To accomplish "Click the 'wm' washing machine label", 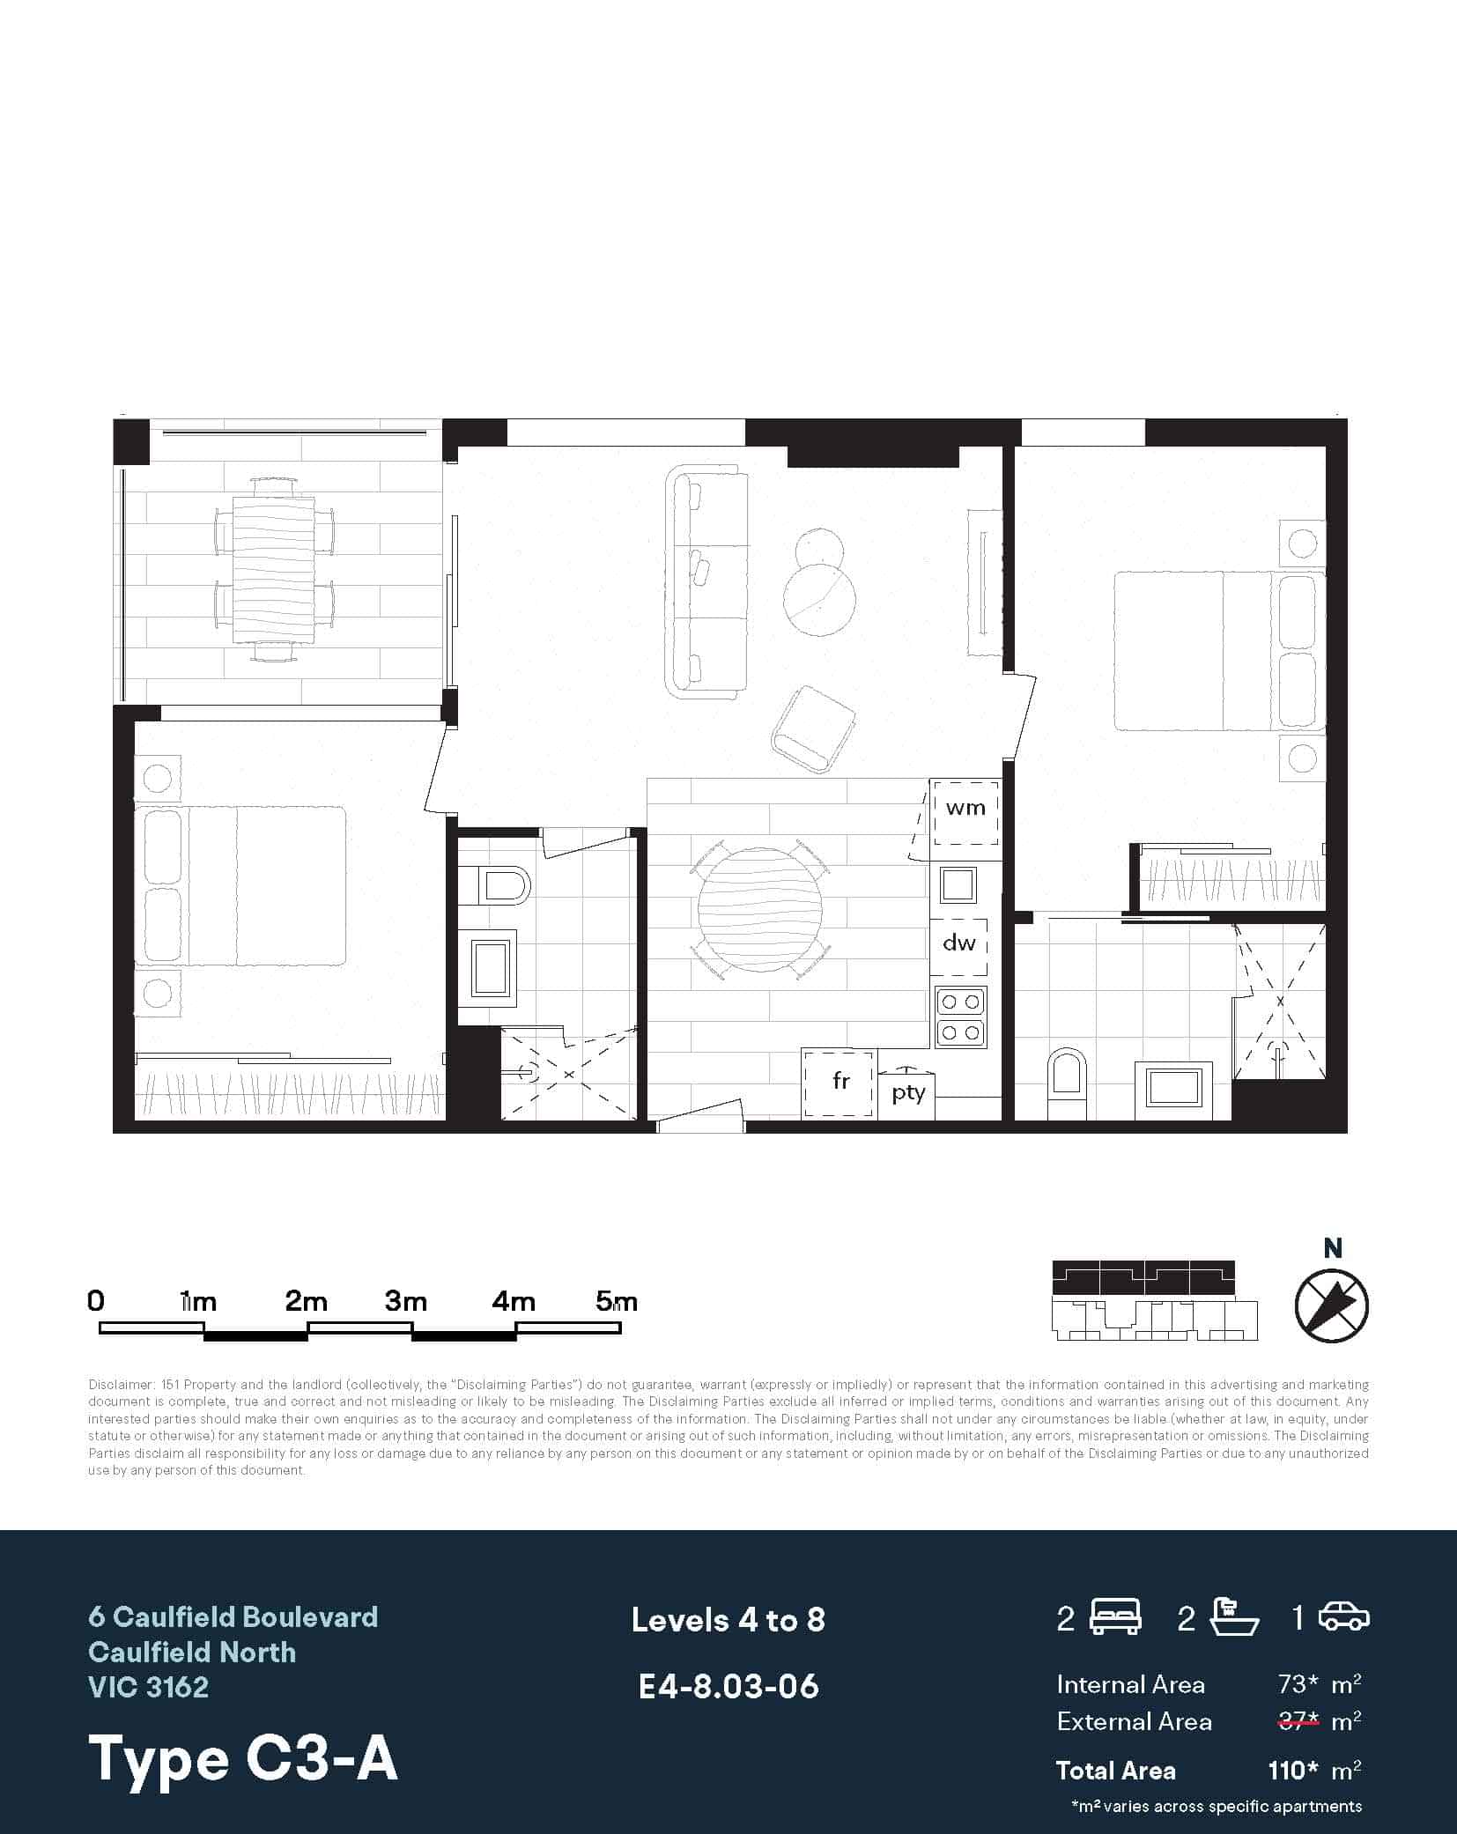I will point(965,808).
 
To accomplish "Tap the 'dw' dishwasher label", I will point(959,943).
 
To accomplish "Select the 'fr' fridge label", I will point(840,1081).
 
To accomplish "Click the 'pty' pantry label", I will point(908,1093).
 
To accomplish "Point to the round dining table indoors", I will point(759,909).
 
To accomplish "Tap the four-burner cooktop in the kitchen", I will point(960,1017).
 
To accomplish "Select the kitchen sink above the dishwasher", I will point(958,884).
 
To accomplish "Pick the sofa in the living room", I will point(707,582).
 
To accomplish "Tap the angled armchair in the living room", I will point(813,730).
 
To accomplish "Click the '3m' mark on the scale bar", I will point(406,1302).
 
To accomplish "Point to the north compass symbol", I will point(1331,1305).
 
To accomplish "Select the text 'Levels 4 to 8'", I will point(728,1621).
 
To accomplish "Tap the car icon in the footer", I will point(1343,1617).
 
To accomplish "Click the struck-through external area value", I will point(1298,1721).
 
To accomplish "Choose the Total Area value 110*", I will point(1292,1771).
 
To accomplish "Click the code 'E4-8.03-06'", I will point(728,1687).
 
